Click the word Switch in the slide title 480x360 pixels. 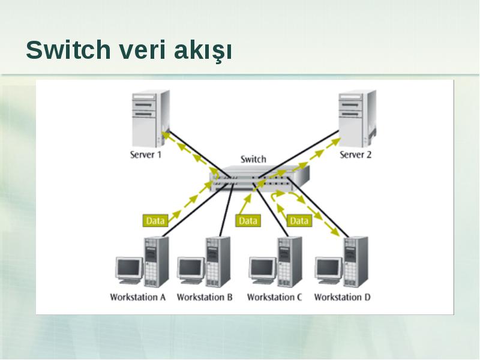click(x=68, y=50)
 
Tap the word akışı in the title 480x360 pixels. click(x=203, y=51)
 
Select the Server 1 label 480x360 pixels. click(x=146, y=155)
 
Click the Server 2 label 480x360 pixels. click(x=355, y=155)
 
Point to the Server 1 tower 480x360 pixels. click(x=151, y=118)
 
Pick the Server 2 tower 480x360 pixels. click(x=357, y=118)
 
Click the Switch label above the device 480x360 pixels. click(x=253, y=159)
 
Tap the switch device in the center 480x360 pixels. click(x=259, y=178)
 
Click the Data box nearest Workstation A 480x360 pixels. click(x=155, y=221)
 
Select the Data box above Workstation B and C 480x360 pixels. click(x=248, y=221)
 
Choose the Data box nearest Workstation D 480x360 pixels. click(x=299, y=221)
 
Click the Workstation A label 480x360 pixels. click(x=138, y=297)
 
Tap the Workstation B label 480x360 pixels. click(x=205, y=297)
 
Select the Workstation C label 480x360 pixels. click(x=275, y=297)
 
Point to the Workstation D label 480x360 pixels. click(x=342, y=297)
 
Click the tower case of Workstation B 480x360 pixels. click(x=218, y=262)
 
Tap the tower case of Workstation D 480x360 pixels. click(x=356, y=262)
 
